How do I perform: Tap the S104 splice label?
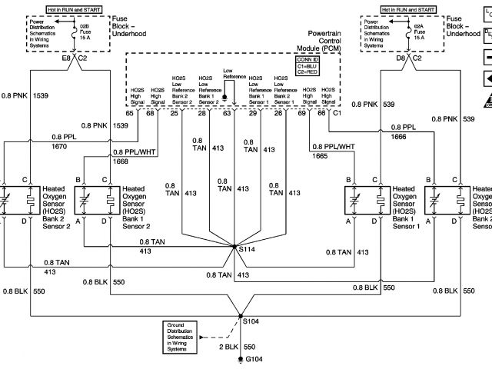[x=251, y=321]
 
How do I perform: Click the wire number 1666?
[x=398, y=136]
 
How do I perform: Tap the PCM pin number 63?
[x=227, y=114]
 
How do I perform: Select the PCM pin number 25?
[x=175, y=114]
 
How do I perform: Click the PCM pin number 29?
[x=251, y=114]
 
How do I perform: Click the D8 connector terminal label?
[x=402, y=58]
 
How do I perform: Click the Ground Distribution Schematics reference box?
[x=185, y=332]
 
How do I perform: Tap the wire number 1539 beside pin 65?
[x=121, y=125]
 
